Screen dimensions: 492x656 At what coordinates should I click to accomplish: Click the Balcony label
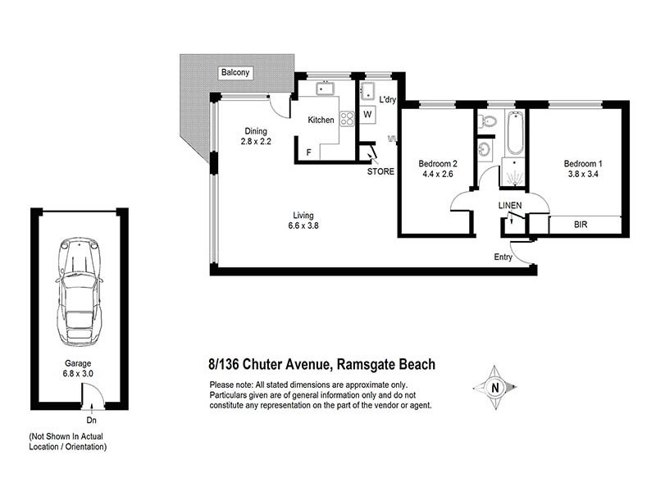[x=235, y=73]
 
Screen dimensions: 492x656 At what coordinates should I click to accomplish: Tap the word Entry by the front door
[x=503, y=257]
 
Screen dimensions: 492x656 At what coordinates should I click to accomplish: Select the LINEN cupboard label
[x=511, y=204]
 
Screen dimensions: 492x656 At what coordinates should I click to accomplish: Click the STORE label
[x=381, y=171]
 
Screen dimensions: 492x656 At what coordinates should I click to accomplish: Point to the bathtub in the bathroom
[x=515, y=133]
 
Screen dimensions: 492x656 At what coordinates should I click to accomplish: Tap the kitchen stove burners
[x=347, y=118]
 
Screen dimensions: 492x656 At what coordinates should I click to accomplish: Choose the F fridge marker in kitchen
[x=308, y=152]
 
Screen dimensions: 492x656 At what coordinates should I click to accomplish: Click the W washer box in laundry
[x=367, y=115]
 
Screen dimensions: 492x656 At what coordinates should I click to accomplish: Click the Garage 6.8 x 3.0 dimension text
[x=80, y=367]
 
